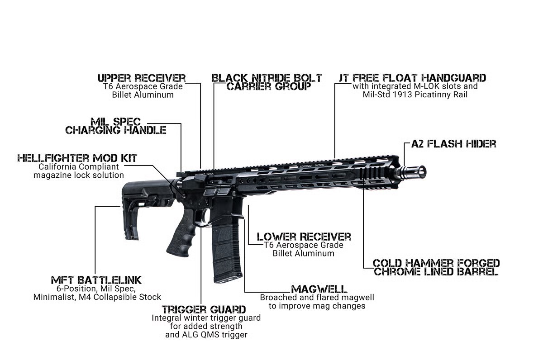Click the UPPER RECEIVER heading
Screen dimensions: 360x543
[142, 77]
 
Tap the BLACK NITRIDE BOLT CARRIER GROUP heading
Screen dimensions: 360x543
[267, 81]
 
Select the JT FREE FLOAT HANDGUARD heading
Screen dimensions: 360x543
[412, 77]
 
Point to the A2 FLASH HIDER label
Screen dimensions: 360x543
[453, 144]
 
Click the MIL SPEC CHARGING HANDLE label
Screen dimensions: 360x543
[116, 126]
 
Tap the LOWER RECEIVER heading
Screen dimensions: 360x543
[304, 237]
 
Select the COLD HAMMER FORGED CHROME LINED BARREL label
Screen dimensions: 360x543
[436, 267]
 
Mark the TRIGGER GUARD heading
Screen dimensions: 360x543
[204, 309]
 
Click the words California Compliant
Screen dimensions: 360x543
[78, 166]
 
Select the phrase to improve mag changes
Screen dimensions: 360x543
[317, 306]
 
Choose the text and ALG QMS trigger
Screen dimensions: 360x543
[206, 335]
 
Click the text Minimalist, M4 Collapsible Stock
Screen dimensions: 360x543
[97, 297]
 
